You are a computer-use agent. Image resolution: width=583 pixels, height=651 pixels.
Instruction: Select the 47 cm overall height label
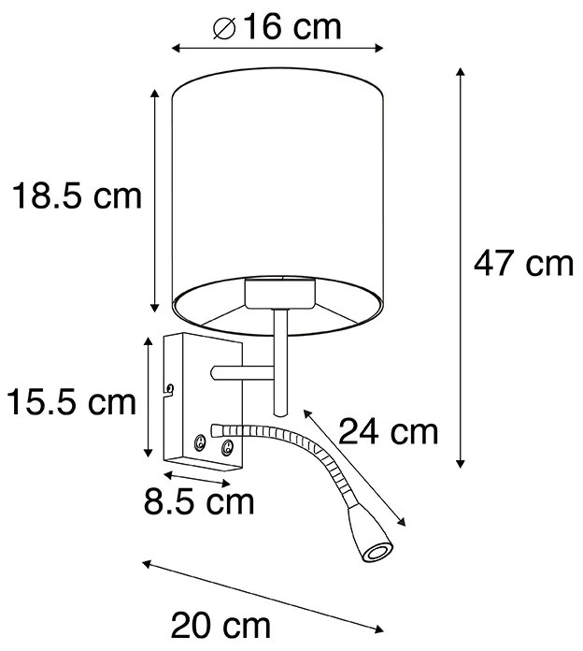pyautogui.click(x=522, y=265)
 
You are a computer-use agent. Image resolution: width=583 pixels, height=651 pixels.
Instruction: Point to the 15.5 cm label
pyautogui.click(x=72, y=403)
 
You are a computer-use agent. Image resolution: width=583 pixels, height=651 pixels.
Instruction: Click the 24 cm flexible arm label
pyautogui.click(x=388, y=431)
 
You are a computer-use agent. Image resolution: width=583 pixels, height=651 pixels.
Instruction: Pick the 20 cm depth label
pyautogui.click(x=220, y=624)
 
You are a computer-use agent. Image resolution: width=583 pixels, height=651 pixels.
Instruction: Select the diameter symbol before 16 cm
pyautogui.click(x=223, y=27)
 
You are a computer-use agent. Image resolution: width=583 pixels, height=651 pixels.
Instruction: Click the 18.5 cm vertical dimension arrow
pyautogui.click(x=155, y=200)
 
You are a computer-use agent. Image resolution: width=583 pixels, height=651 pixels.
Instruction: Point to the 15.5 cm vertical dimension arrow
pyautogui.click(x=148, y=398)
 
